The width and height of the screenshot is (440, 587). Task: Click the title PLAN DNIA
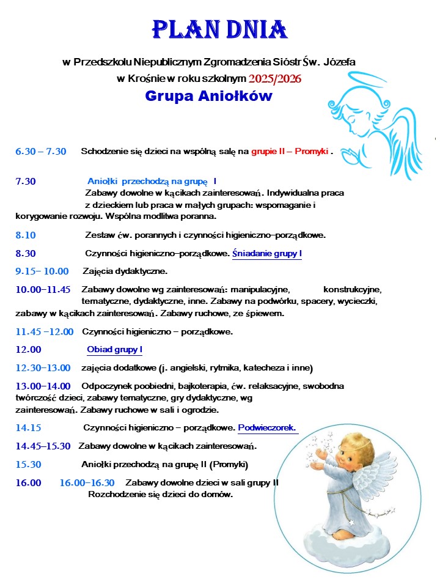[219, 29]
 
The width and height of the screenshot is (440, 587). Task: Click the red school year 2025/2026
[275, 78]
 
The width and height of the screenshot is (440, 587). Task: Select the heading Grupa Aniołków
[209, 97]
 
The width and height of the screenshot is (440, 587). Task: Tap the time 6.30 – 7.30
[41, 151]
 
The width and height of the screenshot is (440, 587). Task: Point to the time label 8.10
[26, 235]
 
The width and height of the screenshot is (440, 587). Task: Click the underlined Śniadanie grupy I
[267, 253]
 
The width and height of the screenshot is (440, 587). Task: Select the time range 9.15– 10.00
[42, 271]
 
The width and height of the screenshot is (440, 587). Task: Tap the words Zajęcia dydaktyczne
[125, 271]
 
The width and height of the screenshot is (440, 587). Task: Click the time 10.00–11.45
[43, 289]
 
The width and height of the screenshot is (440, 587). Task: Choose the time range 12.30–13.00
[43, 368]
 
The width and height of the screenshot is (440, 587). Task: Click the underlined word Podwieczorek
[267, 427]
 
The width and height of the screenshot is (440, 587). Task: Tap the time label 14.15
[28, 427]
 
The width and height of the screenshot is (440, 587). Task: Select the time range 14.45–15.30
[43, 446]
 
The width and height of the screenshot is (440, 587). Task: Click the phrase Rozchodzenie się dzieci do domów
[161, 494]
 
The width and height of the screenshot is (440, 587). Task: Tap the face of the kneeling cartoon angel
[339, 456]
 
